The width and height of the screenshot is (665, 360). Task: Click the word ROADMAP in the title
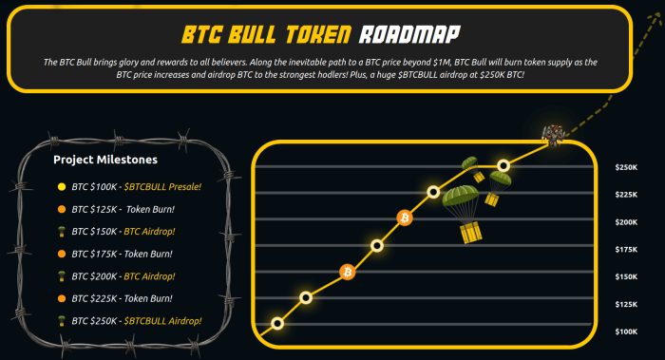[x=409, y=36]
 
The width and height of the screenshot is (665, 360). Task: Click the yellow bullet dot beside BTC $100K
[x=62, y=186]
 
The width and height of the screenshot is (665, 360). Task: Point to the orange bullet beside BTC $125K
[x=62, y=209]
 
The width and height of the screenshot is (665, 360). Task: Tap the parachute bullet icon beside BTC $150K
[x=62, y=231]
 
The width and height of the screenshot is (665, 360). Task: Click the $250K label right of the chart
[x=626, y=168]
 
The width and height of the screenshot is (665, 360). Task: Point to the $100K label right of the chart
[x=626, y=332]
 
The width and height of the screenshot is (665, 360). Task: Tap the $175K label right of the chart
[x=626, y=250]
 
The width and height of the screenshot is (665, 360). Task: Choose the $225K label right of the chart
[x=626, y=196]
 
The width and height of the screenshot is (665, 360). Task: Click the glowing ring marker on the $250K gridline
[x=503, y=165]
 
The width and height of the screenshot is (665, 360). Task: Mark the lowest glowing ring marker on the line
[x=277, y=323]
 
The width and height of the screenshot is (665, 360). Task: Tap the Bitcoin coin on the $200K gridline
[x=405, y=218]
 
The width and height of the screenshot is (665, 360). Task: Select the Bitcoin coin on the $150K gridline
[x=348, y=273]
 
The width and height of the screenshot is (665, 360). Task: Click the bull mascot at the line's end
[x=553, y=135]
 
